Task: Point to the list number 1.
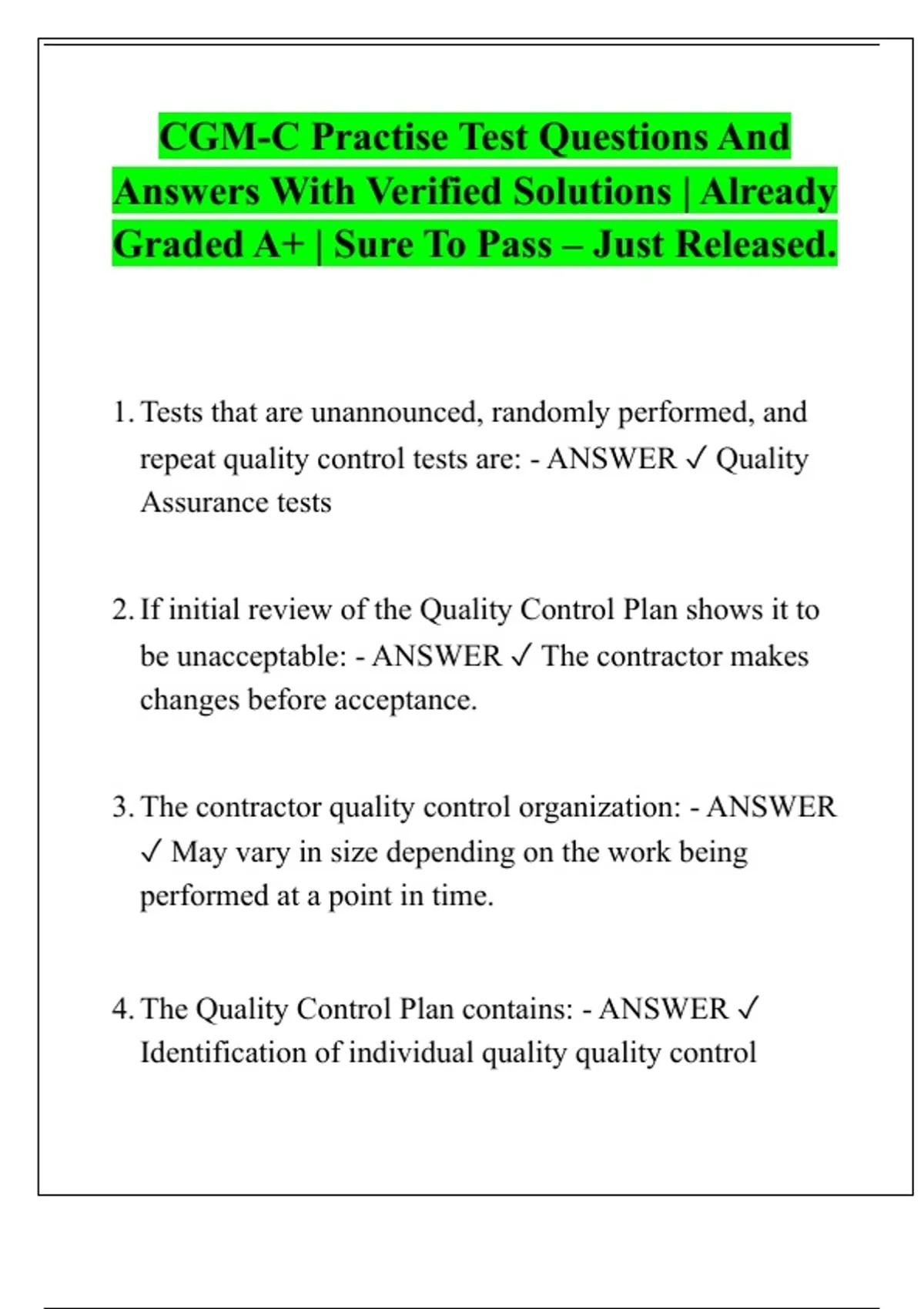[x=122, y=413]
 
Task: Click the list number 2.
[x=122, y=610]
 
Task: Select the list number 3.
[x=122, y=807]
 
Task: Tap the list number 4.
[x=122, y=1009]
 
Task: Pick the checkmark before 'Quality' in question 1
[x=695, y=459]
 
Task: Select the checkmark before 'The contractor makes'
[x=521, y=657]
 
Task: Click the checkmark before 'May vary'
[x=152, y=852]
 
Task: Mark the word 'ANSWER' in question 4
[x=663, y=1009]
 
